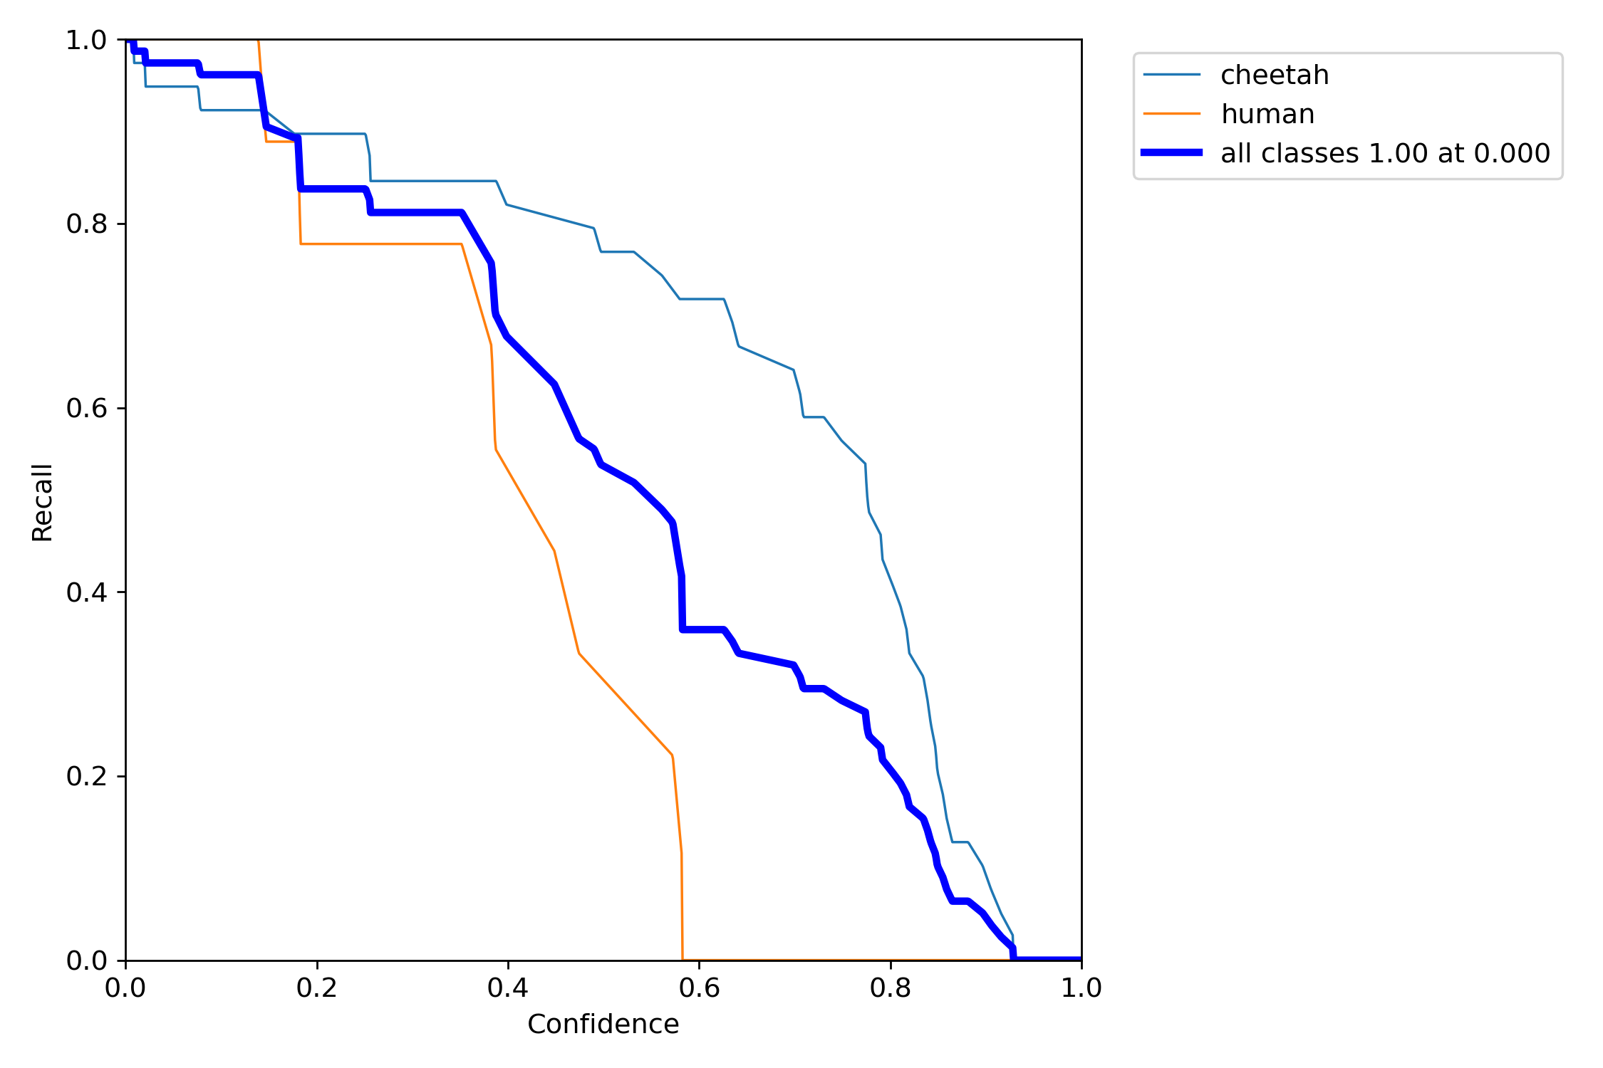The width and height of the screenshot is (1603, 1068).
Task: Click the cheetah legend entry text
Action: (x=1275, y=75)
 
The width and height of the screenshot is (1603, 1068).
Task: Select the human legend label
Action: (x=1267, y=114)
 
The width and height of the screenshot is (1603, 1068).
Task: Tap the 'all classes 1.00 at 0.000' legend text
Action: (x=1385, y=153)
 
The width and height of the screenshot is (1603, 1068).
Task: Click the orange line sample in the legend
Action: (x=1172, y=114)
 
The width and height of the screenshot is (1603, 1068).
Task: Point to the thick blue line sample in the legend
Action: (x=1172, y=152)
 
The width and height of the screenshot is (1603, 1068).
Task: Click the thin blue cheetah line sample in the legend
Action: (x=1172, y=75)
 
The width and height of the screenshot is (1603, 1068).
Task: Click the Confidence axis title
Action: (x=603, y=1025)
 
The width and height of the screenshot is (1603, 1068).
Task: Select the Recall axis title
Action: (x=42, y=503)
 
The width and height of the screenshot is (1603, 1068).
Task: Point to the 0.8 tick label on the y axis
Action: (x=86, y=224)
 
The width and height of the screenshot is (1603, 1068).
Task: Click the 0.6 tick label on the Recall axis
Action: (x=86, y=408)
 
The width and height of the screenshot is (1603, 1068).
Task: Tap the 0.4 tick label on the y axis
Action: (x=86, y=592)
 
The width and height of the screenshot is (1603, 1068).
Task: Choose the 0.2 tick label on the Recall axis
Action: (x=86, y=776)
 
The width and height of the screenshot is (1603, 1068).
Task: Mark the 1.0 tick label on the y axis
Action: (x=86, y=41)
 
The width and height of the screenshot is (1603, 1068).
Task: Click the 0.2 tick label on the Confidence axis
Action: (x=317, y=988)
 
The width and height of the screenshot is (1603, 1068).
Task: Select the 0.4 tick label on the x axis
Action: (x=508, y=988)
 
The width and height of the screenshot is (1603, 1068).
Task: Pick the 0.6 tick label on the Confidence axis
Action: (x=699, y=988)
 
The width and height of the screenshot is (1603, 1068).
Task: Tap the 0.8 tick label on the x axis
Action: (x=891, y=988)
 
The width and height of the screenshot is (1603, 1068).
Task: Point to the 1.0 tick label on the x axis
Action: (x=1081, y=988)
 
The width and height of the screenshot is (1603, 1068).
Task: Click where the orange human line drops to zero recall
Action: (x=683, y=959)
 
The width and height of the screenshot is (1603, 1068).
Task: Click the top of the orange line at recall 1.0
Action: (x=258, y=41)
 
